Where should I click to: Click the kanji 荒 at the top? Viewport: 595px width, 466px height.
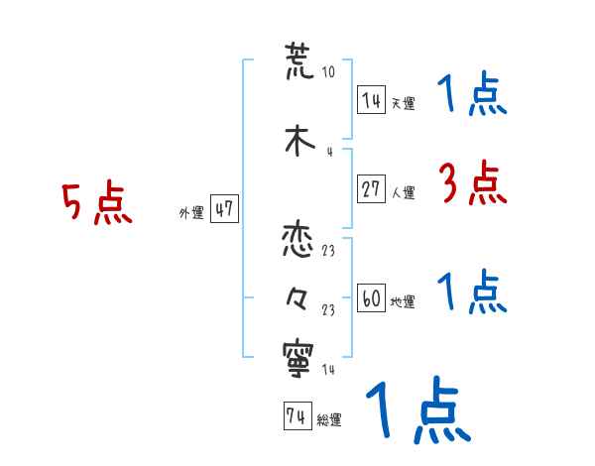298,62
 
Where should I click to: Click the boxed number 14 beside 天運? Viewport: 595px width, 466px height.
371,100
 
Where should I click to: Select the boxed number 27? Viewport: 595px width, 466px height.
371,190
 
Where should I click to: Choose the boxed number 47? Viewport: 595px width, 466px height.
224,210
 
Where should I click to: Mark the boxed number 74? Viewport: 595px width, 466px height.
297,417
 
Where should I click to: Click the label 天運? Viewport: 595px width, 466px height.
403,103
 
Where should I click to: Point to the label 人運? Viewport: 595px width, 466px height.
403,193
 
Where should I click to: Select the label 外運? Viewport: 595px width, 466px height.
190,213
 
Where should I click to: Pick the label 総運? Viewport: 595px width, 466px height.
329,420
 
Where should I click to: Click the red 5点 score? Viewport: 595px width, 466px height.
97,204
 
